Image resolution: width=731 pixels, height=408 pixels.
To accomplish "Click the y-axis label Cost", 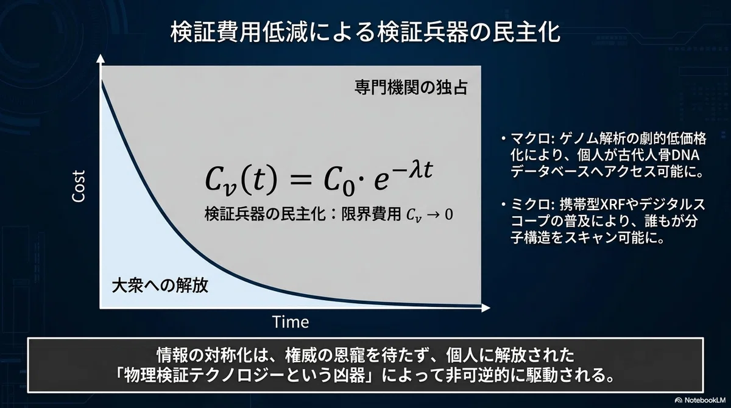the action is click(79, 186).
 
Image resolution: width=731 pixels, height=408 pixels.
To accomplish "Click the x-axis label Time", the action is click(291, 322).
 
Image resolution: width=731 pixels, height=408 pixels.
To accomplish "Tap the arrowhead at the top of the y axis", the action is click(101, 58).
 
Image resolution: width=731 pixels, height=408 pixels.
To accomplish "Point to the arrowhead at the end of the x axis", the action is click(486, 308).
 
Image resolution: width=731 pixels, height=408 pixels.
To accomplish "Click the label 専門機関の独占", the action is click(411, 88).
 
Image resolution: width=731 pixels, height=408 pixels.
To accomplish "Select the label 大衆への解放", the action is click(160, 286).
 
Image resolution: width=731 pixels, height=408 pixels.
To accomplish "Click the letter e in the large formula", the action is click(381, 181).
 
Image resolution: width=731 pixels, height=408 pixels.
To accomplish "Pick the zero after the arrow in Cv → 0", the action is click(449, 214).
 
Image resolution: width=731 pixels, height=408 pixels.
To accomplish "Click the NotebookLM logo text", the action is click(705, 400).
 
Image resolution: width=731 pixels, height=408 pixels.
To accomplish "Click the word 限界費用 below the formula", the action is click(371, 214).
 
